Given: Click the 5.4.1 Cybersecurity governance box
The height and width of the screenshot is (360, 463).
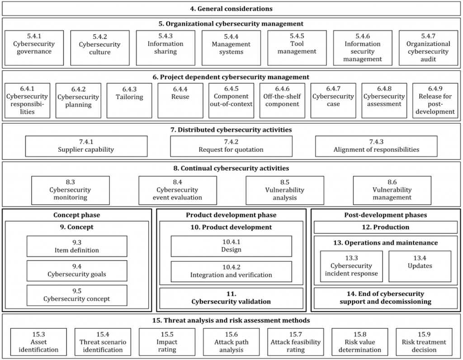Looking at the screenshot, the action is pos(34,48).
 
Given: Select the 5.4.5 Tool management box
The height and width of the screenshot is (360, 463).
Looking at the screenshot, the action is pos(297,48).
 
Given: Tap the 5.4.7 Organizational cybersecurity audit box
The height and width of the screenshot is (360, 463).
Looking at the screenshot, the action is pos(429,48).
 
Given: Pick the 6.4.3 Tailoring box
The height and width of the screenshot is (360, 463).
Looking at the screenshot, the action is pos(129,101).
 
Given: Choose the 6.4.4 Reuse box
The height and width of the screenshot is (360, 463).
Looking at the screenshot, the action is pos(180,101).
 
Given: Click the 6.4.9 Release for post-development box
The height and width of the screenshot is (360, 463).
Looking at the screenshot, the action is pos(435,101).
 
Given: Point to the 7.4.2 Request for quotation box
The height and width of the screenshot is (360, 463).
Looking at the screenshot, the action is pos(231,146).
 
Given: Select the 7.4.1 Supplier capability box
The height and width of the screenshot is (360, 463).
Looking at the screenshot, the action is pos(86,146).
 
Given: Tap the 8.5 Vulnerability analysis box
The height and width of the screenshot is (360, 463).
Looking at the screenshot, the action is pos(285,190).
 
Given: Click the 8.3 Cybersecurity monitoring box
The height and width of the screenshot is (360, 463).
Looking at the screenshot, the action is pos(71,190).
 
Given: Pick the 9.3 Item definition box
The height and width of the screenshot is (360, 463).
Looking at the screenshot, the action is pos(77,246).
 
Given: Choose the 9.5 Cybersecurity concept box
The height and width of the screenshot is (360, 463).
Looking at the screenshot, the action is pos(77,295).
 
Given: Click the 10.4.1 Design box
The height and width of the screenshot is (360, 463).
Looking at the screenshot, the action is pos(231,246).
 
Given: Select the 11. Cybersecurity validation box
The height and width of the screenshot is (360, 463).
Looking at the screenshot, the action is pos(231,298).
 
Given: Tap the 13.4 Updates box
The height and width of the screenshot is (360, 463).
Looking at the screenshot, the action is pos(420,266).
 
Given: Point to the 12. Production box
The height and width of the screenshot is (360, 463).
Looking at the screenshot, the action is pos(386,227).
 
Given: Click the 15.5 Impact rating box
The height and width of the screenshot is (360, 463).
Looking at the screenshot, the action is pos(167,342).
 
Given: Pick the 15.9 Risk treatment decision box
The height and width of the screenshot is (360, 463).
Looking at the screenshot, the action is pos(424,342).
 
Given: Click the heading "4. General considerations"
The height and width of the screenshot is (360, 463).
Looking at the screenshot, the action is pos(231,9).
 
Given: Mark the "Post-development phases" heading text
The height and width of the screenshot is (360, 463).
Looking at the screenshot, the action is pos(386,215).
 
